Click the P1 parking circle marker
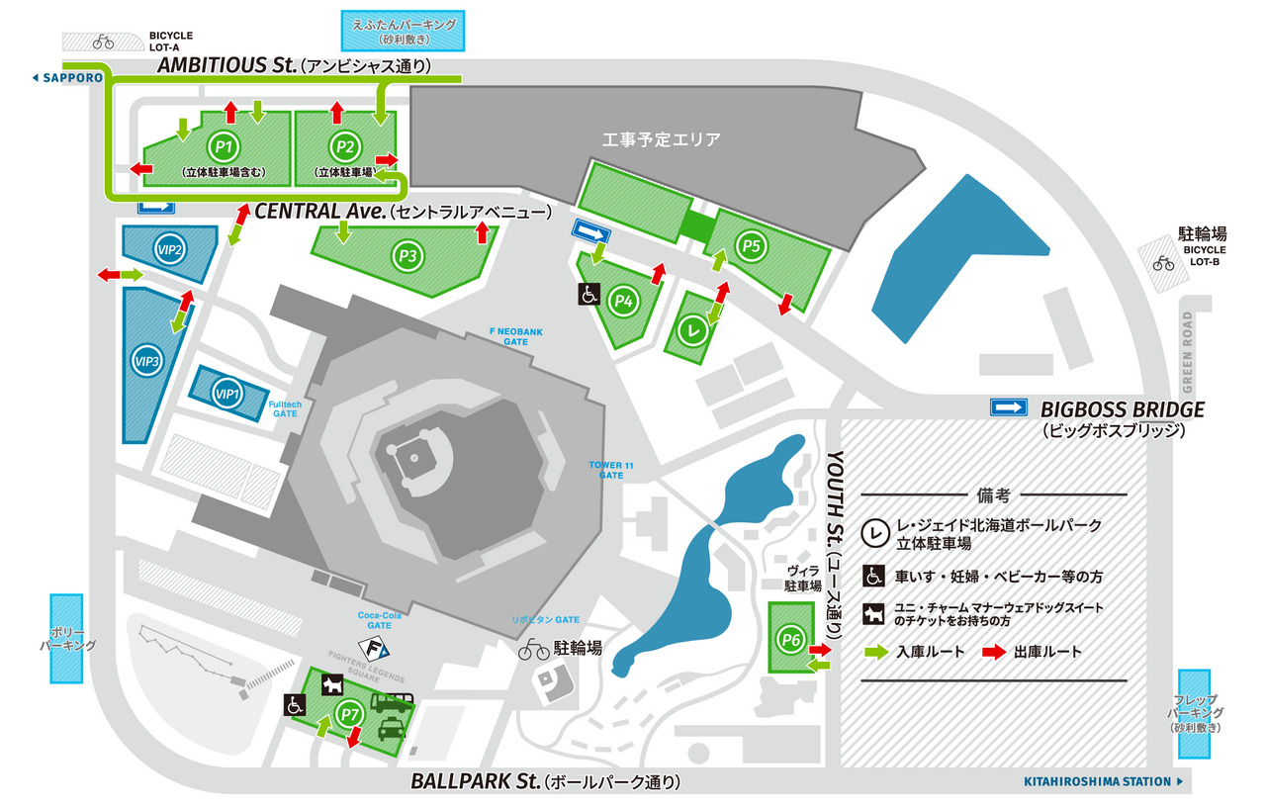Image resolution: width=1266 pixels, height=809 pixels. pyautogui.click(x=226, y=147)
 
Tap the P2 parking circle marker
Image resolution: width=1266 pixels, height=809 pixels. pyautogui.click(x=344, y=147)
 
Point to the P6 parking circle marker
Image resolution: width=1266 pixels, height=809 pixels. pyautogui.click(x=789, y=640)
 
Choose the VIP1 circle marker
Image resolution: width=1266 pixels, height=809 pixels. pyautogui.click(x=227, y=394)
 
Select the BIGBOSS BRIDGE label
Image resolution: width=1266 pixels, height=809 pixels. pyautogui.click(x=1122, y=408)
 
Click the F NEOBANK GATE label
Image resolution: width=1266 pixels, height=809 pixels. pyautogui.click(x=515, y=336)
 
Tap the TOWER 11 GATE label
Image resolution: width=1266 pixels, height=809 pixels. pyautogui.click(x=611, y=469)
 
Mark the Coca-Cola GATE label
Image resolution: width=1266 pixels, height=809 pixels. pyautogui.click(x=375, y=619)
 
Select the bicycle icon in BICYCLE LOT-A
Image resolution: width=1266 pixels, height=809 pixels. pyautogui.click(x=103, y=42)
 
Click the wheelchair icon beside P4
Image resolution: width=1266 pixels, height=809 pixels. pyautogui.click(x=588, y=294)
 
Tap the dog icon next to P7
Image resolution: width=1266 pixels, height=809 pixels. pyautogui.click(x=332, y=682)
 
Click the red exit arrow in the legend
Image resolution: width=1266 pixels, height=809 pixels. pyautogui.click(x=995, y=652)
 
